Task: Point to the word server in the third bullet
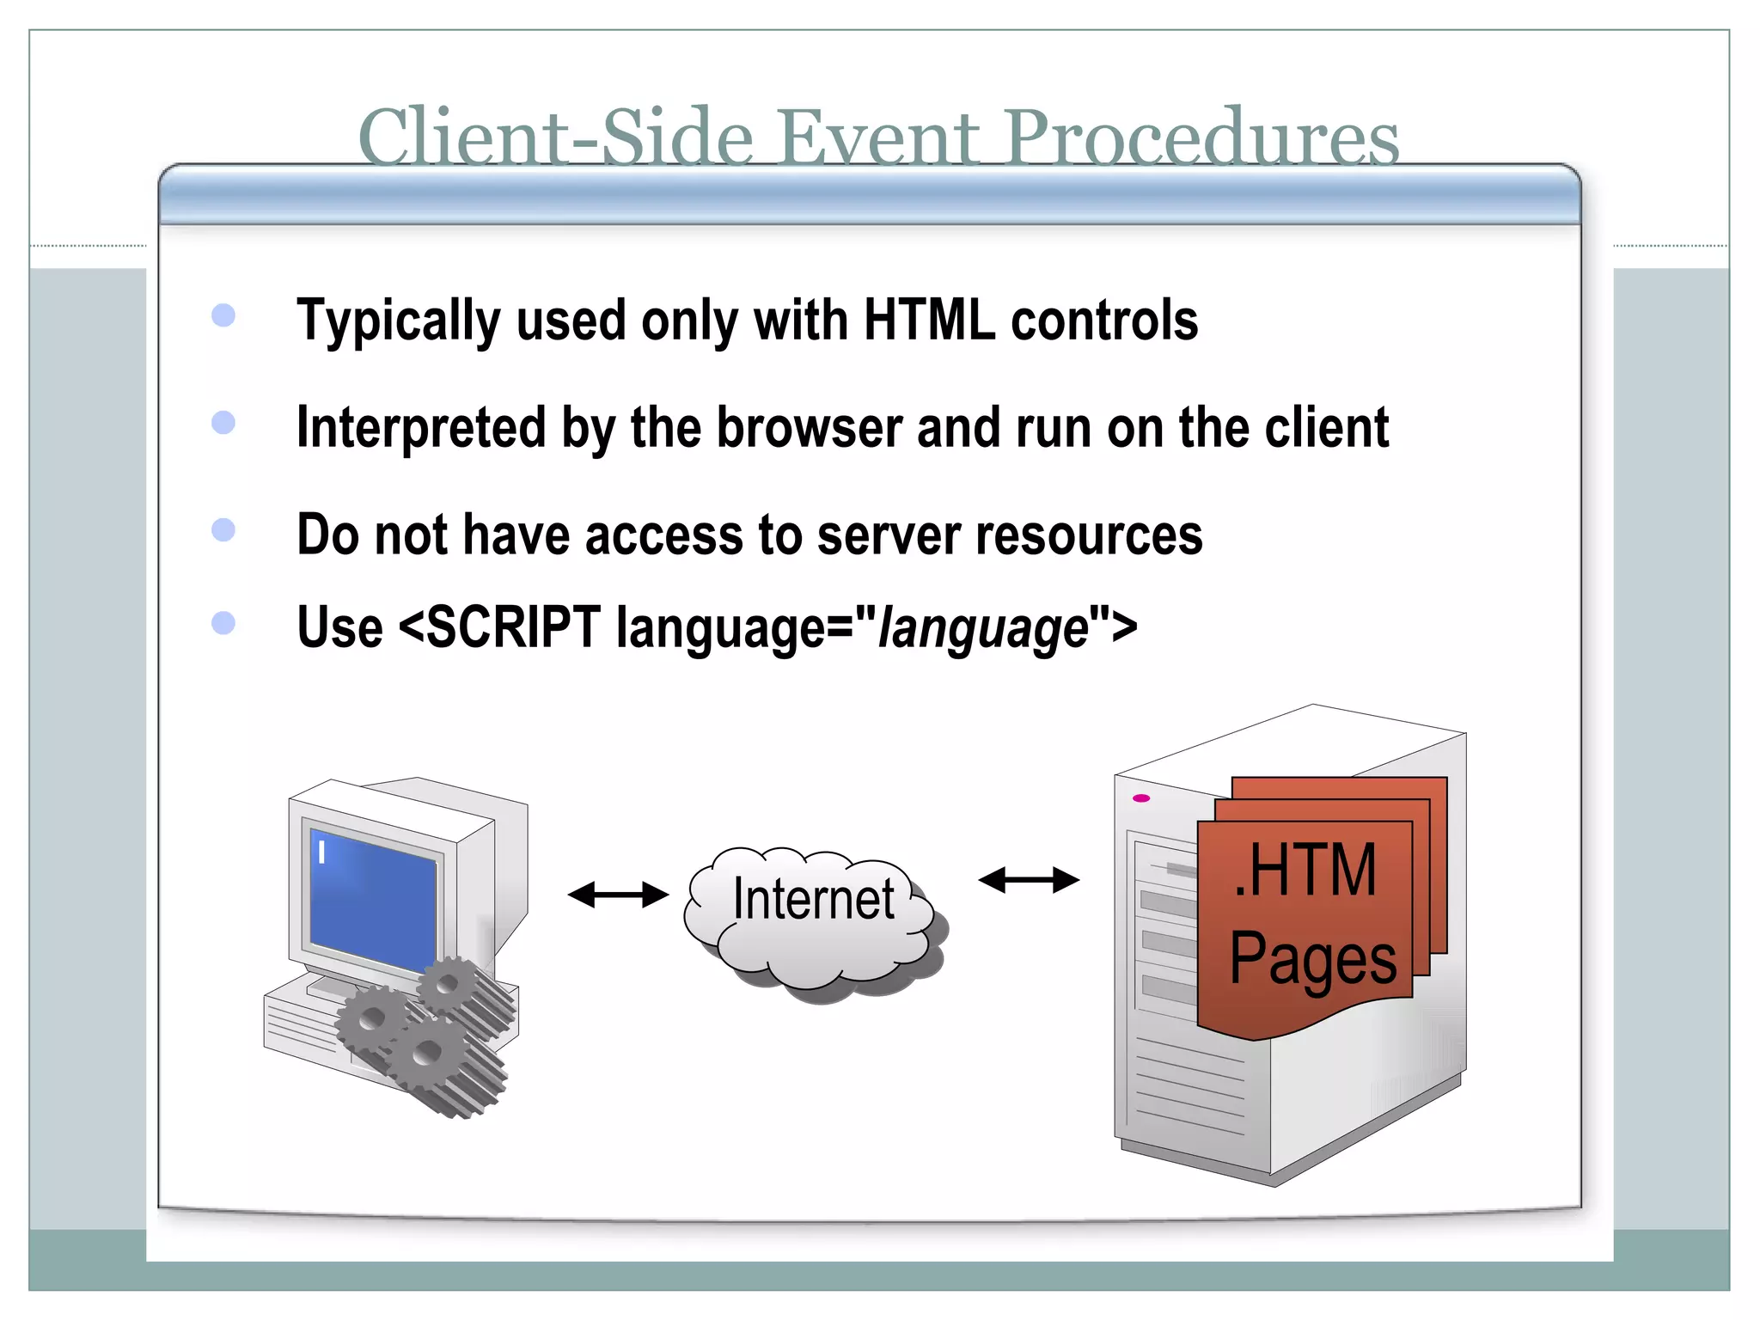[x=888, y=535]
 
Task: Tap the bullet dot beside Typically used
[x=223, y=315]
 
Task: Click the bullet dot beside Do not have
[x=223, y=529]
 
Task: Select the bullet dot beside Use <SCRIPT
[x=223, y=622]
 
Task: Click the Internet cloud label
[x=813, y=900]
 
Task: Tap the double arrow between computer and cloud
[x=618, y=895]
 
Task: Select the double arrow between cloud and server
[x=1029, y=880]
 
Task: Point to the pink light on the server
[x=1141, y=798]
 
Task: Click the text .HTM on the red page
[x=1305, y=871]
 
